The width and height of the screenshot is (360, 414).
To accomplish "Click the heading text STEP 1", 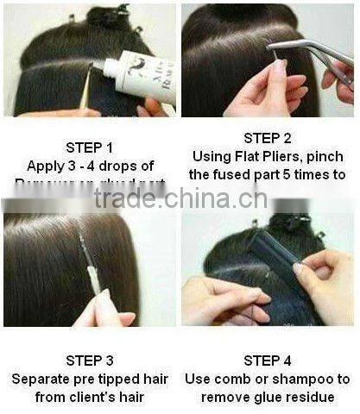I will [x=92, y=147].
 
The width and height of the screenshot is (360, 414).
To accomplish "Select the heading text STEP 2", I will [x=268, y=138].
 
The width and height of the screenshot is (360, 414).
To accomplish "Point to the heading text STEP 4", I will [x=268, y=361].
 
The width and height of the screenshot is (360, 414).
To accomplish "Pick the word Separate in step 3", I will [x=41, y=379].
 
